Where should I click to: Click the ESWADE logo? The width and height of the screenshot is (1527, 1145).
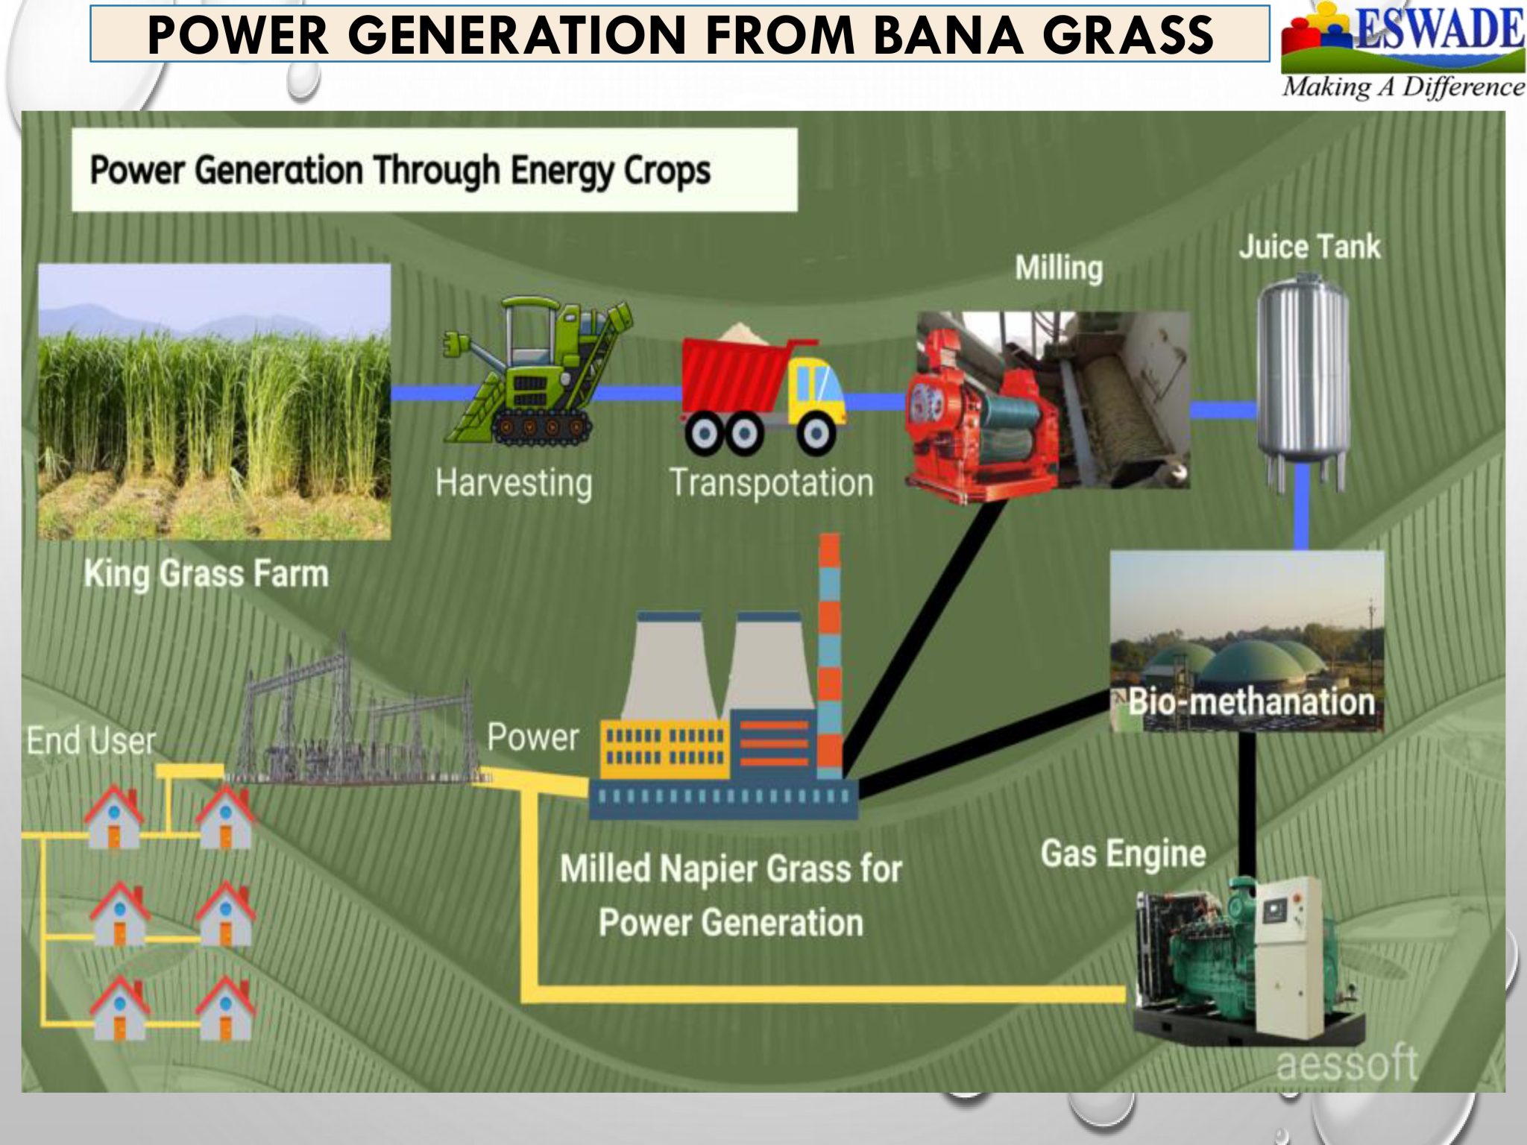click(x=1402, y=49)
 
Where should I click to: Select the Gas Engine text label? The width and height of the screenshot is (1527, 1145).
click(x=1123, y=854)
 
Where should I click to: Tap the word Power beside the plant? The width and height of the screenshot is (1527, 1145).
click(x=532, y=738)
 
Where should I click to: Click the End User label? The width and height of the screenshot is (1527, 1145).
click(x=91, y=741)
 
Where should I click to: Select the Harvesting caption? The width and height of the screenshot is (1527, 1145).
click(x=514, y=483)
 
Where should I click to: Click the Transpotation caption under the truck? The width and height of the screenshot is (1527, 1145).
click(x=772, y=483)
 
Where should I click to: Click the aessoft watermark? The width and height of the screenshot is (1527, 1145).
click(x=1347, y=1063)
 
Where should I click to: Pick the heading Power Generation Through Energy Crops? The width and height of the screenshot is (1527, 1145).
click(x=400, y=170)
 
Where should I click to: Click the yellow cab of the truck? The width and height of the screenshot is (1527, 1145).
click(x=816, y=388)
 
